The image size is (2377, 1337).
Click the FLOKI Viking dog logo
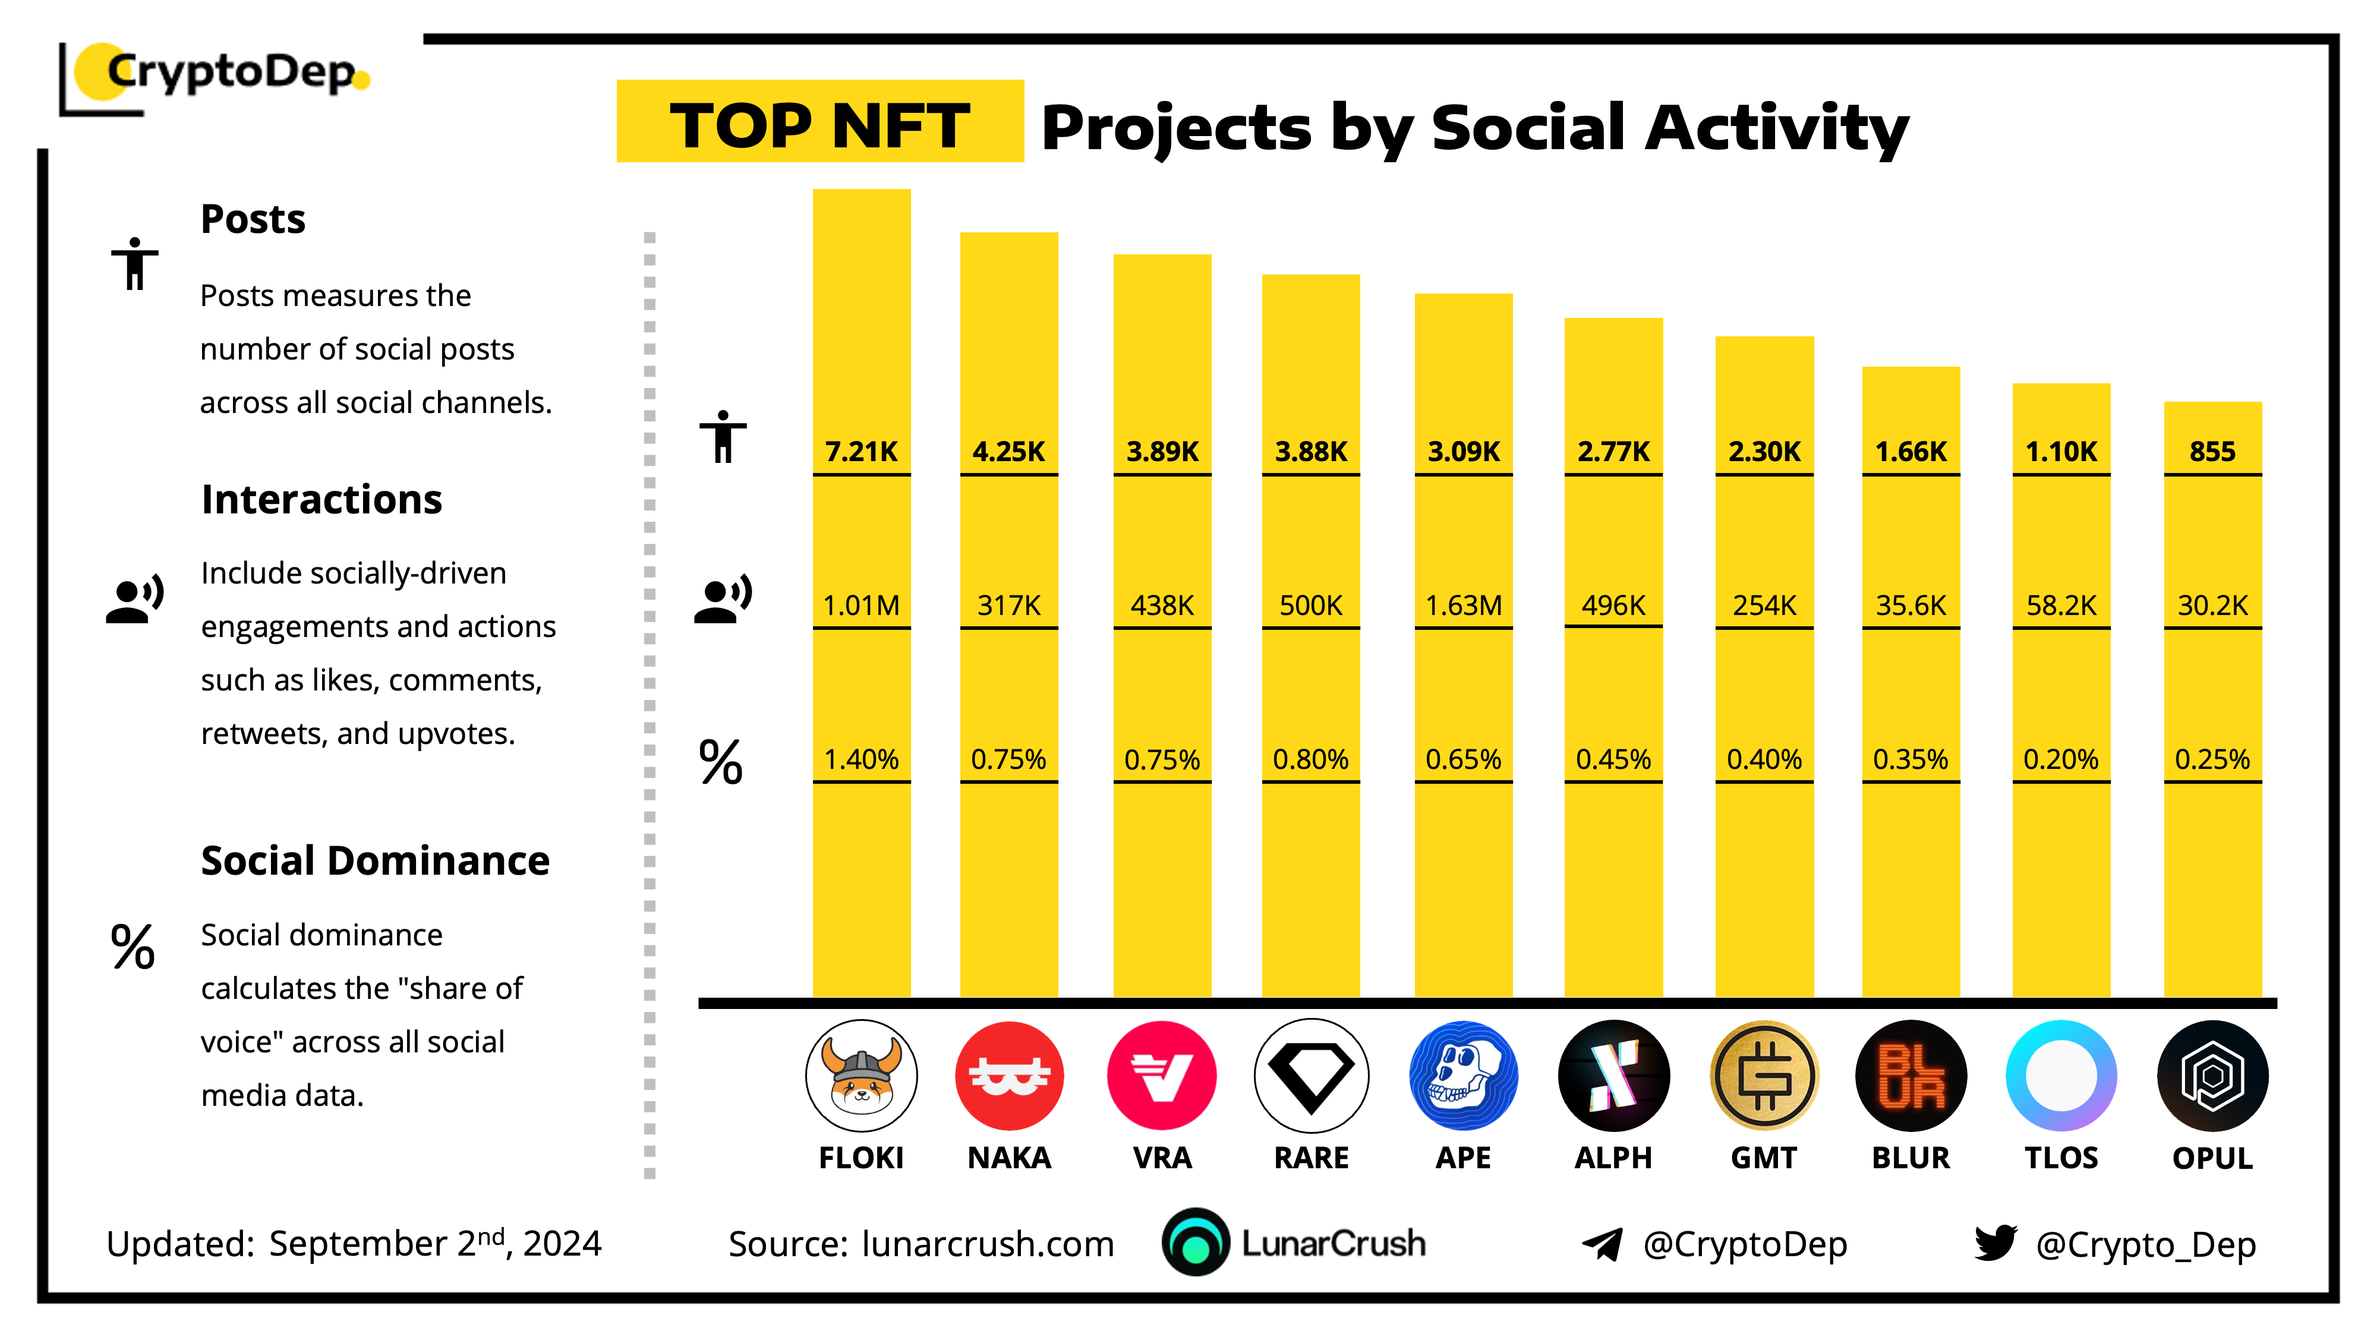pos(861,1076)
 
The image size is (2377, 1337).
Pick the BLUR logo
pos(1911,1076)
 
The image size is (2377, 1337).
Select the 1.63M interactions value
pos(1464,606)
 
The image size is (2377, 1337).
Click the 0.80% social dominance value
pos(1310,759)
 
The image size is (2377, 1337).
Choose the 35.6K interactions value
pos(1911,606)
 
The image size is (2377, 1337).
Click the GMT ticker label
pos(1763,1158)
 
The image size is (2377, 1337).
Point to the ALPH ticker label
pos(1613,1158)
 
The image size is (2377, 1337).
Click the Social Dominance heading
pos(374,861)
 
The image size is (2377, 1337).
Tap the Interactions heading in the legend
pos(321,499)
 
